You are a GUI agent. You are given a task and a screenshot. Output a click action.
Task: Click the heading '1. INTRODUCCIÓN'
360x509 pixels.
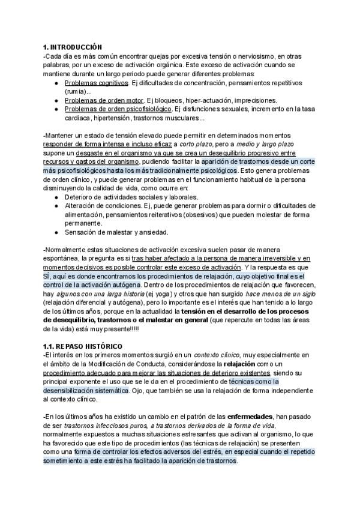(73, 47)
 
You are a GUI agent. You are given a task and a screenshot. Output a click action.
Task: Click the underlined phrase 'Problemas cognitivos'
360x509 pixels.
(96, 82)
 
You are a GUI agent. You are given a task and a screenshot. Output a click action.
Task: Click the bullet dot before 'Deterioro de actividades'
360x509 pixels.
(56, 197)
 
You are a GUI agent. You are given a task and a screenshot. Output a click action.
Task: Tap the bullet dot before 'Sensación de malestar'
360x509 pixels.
(56, 232)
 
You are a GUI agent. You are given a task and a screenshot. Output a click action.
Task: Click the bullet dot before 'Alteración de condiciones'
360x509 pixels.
(56, 206)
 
